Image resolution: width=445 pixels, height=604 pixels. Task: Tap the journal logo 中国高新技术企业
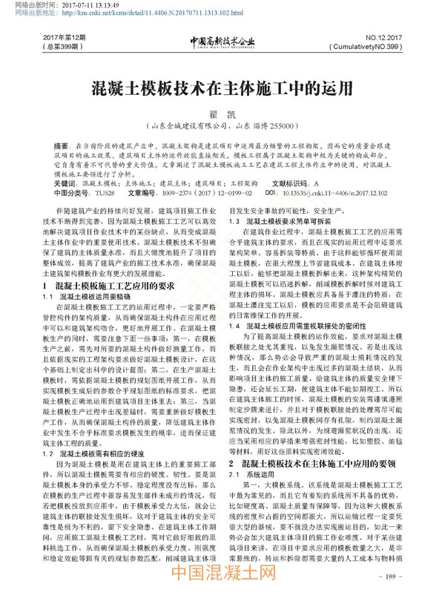click(222, 41)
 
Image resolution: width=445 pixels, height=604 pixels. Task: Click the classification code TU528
click(94, 191)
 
